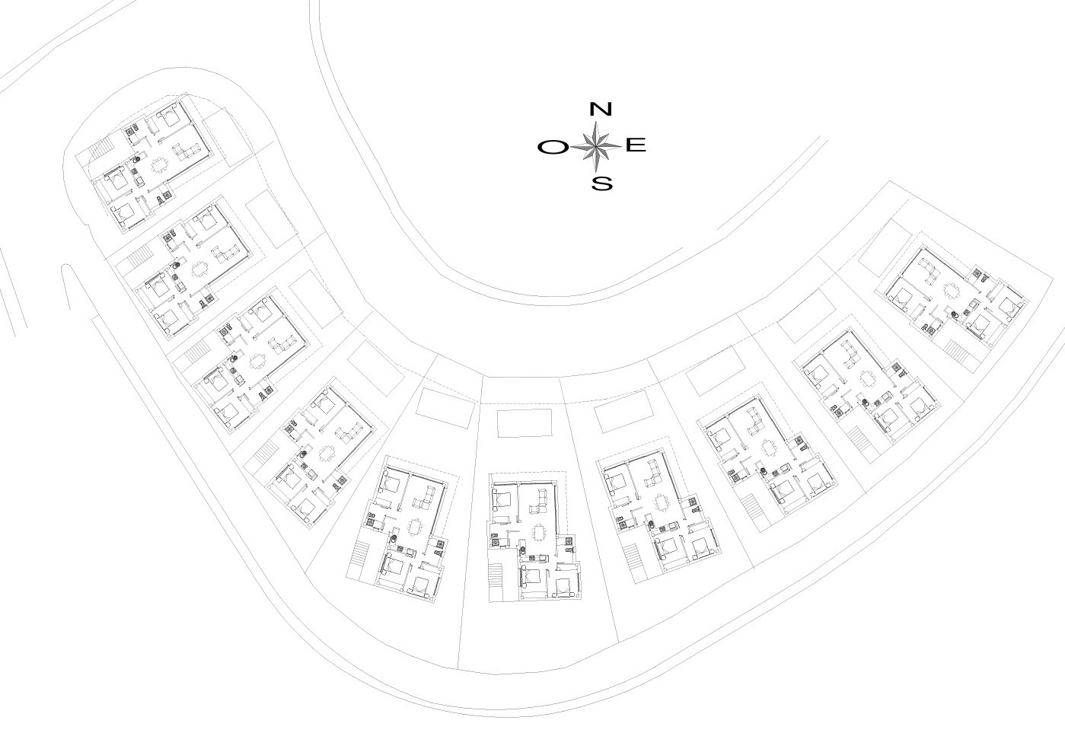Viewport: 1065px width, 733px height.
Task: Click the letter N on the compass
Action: pos(600,109)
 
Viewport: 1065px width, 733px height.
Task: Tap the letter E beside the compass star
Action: pos(636,145)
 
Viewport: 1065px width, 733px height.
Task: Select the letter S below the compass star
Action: pos(602,183)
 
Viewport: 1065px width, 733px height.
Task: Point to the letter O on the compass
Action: pos(553,148)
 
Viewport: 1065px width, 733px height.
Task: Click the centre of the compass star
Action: pos(596,146)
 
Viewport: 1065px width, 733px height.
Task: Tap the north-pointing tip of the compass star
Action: pos(596,121)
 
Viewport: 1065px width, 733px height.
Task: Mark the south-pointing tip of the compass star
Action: pos(596,171)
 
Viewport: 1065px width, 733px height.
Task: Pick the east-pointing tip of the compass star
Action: pos(621,145)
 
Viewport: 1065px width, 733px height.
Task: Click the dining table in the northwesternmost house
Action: pos(159,166)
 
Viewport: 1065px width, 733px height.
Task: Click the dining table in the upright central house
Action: pos(539,532)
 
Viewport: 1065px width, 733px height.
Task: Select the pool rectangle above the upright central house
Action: pos(525,423)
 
